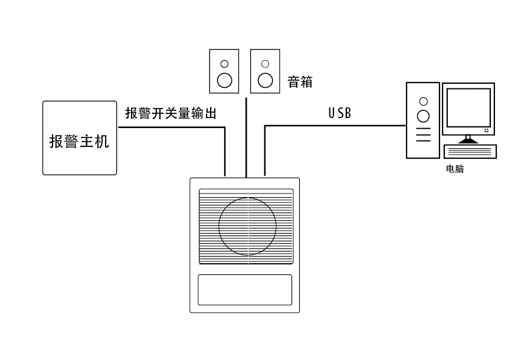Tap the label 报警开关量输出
tap(171, 113)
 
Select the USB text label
tap(340, 113)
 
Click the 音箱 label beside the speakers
tap(300, 81)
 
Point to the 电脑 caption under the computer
tap(455, 169)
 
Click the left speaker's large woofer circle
tap(224, 80)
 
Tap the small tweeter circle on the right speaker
tap(265, 63)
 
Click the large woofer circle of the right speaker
tap(265, 80)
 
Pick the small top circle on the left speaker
tap(224, 63)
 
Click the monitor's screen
tap(468, 109)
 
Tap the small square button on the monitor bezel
tap(486, 130)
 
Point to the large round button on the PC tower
tap(422, 116)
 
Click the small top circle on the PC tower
tap(422, 100)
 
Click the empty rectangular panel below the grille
tap(245, 290)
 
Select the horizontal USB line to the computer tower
tap(336, 125)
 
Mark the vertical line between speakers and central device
tap(245, 136)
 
